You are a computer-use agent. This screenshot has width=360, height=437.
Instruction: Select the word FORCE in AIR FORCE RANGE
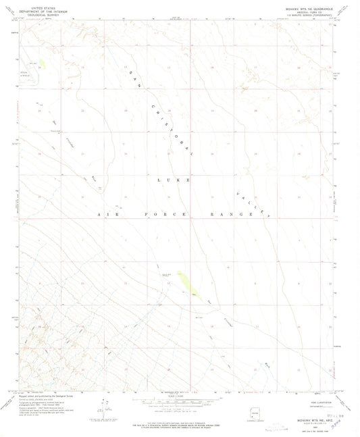pos(153,214)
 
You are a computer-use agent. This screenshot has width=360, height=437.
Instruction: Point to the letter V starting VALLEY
pos(239,190)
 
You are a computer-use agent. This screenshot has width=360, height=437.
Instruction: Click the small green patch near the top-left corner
pos(43,64)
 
